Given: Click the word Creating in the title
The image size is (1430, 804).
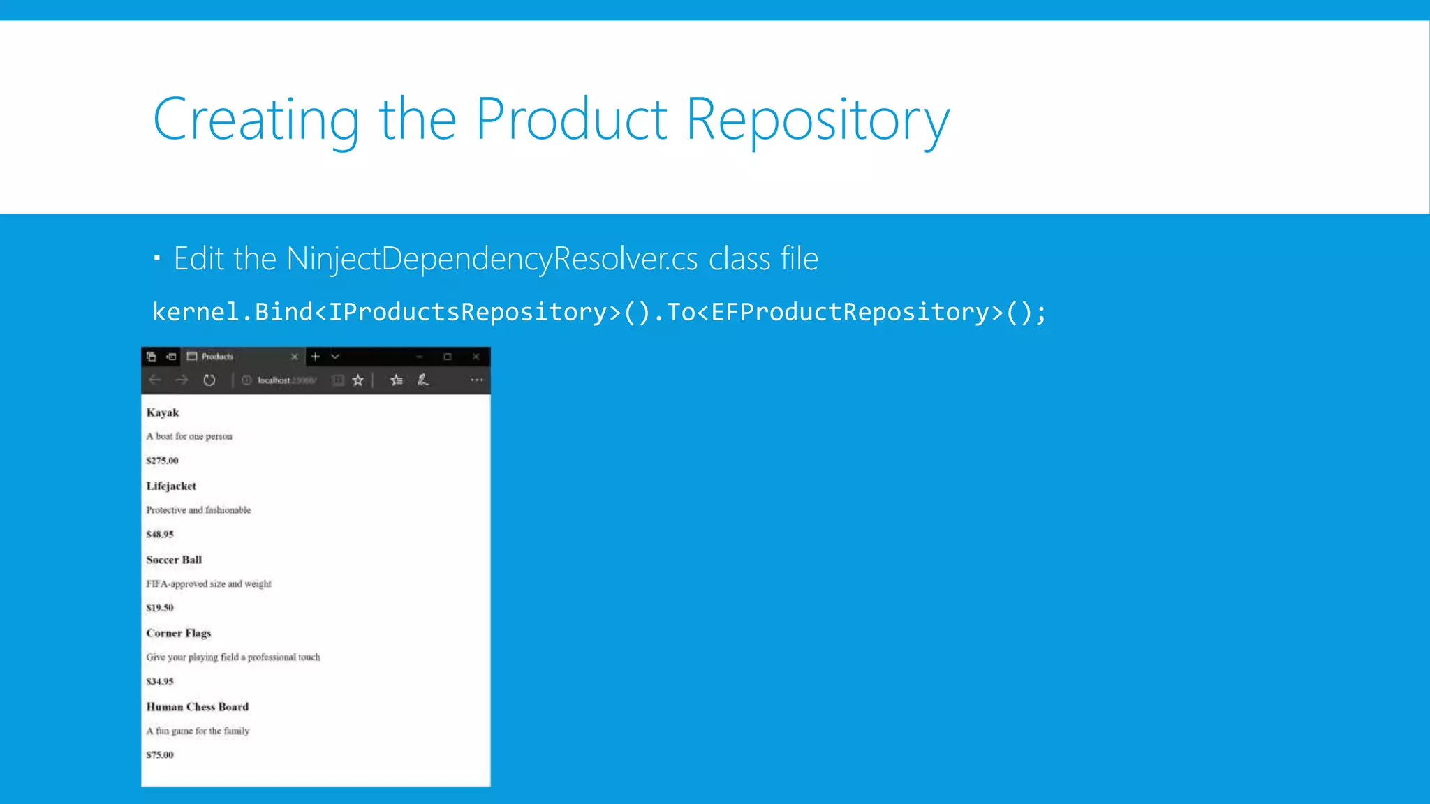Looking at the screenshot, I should [x=256, y=120].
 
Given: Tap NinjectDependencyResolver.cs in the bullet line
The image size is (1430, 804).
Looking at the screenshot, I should [x=492, y=259].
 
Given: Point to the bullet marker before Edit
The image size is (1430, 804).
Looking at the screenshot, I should [x=157, y=259].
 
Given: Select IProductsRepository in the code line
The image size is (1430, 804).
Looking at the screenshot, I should [x=467, y=312].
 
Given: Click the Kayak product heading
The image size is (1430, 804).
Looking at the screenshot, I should [x=163, y=412].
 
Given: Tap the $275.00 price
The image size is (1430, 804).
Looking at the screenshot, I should [x=162, y=461].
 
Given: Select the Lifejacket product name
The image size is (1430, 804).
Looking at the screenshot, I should [x=171, y=486].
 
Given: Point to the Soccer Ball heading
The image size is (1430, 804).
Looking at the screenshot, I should [x=174, y=560].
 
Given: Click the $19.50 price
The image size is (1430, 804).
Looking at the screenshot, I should [x=160, y=608].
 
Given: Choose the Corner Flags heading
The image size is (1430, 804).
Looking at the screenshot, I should [x=179, y=633].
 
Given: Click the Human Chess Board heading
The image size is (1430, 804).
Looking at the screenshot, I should [x=198, y=707].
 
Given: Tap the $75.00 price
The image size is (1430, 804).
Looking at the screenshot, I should [x=160, y=755].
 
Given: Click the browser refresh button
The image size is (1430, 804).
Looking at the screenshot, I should [x=209, y=380].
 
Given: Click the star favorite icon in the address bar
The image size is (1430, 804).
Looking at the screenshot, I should [x=358, y=380].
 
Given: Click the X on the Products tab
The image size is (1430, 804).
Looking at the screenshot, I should [x=295, y=357].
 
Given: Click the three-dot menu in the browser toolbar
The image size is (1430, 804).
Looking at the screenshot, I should [x=477, y=380].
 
